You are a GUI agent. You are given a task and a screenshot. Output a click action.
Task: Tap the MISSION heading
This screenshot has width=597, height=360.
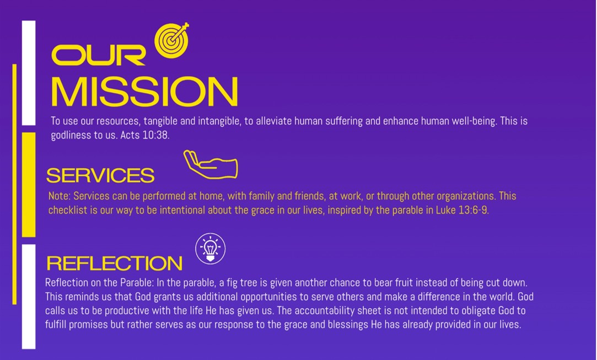(144, 91)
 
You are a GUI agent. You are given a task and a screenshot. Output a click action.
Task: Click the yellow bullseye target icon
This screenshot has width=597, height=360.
(172, 40)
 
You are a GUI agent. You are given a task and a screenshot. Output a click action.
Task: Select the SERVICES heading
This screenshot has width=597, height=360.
(100, 175)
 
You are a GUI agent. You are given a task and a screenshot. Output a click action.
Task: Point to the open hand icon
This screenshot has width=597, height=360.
(210, 164)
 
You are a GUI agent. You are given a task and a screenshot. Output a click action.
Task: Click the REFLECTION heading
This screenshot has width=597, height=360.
(114, 263)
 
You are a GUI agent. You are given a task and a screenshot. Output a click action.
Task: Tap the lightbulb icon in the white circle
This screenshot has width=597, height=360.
(210, 248)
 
